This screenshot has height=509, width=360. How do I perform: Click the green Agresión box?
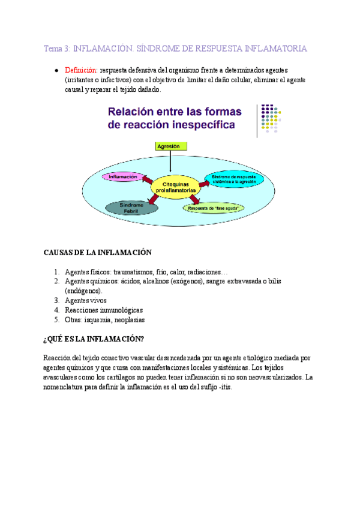click(171, 146)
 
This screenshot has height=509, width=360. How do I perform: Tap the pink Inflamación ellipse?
click(123, 176)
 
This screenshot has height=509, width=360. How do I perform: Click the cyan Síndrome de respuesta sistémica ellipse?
click(233, 179)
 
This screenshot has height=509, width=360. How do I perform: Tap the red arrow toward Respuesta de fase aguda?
click(194, 199)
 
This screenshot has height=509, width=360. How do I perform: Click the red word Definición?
click(81, 70)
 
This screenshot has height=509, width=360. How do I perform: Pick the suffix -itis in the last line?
click(223, 387)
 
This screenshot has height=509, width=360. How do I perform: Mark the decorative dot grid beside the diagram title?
click(268, 120)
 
